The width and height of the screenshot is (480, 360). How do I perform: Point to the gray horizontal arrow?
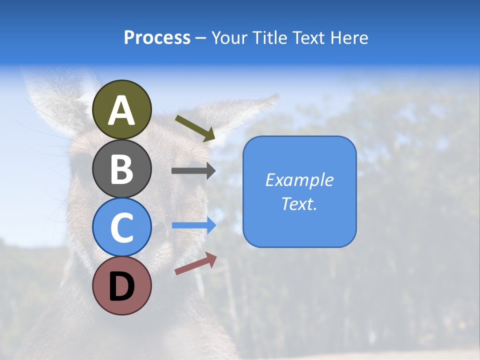click(x=193, y=170)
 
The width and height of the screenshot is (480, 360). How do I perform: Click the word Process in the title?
click(x=157, y=37)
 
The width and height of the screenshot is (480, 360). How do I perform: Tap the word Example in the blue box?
click(x=299, y=180)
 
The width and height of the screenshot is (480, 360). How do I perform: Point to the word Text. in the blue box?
click(x=299, y=203)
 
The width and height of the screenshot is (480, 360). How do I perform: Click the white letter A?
click(x=122, y=111)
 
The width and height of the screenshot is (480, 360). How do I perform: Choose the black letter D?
click(x=122, y=286)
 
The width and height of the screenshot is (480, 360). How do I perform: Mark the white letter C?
click(x=122, y=228)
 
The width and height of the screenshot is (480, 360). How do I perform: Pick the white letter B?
click(x=122, y=170)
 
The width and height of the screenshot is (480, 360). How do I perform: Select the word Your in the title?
click(x=230, y=37)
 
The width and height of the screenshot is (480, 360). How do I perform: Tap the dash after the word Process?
click(x=200, y=38)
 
